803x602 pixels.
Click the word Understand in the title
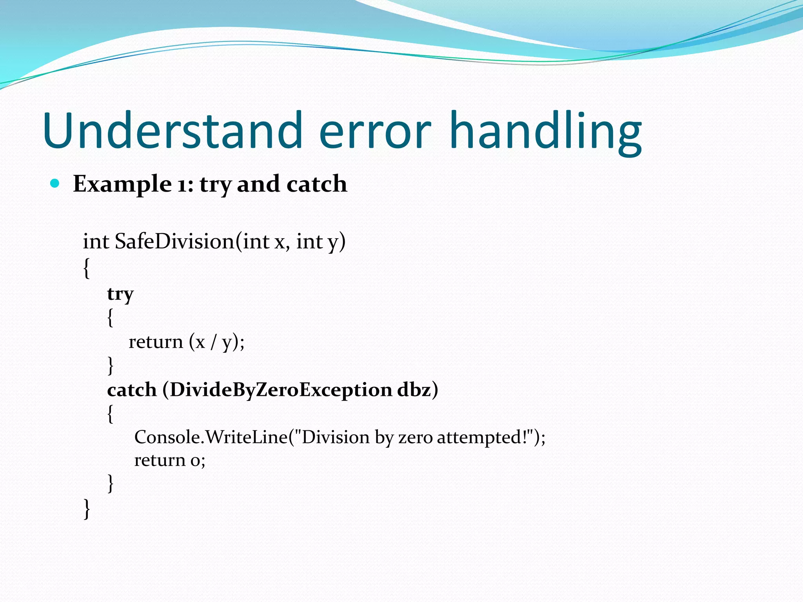click(x=173, y=131)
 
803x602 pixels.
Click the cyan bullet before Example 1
click(x=55, y=183)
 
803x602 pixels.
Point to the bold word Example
click(x=122, y=184)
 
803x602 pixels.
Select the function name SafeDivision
click(x=174, y=241)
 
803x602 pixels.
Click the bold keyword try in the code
click(x=120, y=294)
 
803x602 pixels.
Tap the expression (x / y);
click(x=216, y=342)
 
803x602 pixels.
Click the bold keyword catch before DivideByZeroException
click(x=132, y=390)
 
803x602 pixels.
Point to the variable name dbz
click(x=414, y=390)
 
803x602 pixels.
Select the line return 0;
click(x=169, y=460)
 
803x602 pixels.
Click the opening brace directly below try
click(x=110, y=317)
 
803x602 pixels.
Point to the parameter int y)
click(x=320, y=241)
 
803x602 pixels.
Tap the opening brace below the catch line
click(x=110, y=414)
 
